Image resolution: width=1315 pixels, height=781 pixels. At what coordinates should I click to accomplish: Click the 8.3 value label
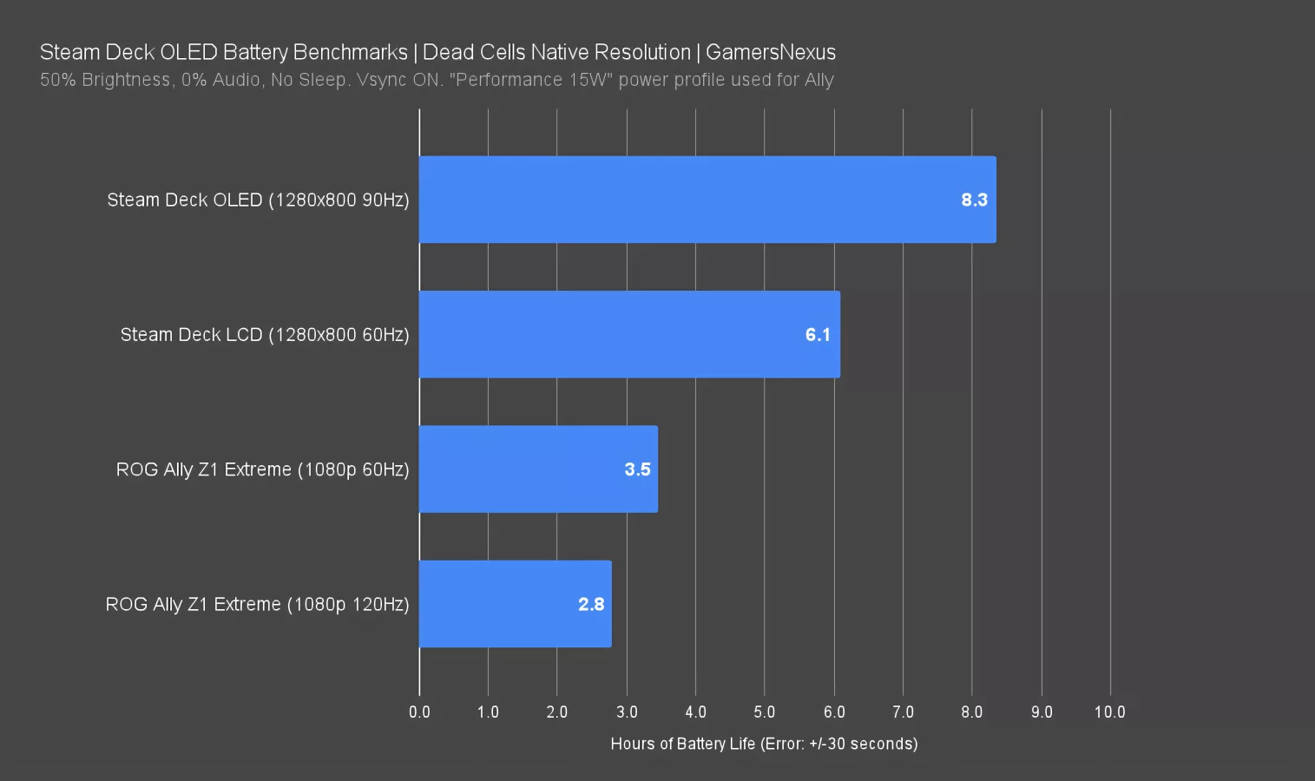pyautogui.click(x=974, y=200)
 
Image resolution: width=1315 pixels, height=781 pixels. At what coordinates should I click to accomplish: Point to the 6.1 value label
pyautogui.click(x=818, y=334)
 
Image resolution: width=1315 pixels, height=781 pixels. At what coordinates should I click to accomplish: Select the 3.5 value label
pyautogui.click(x=637, y=469)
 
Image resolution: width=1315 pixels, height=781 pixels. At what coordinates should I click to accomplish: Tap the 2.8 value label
pyautogui.click(x=591, y=604)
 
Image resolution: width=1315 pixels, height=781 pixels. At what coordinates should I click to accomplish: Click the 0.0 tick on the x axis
pyautogui.click(x=419, y=712)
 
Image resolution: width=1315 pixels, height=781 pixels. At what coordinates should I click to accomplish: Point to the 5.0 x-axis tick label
pyautogui.click(x=765, y=712)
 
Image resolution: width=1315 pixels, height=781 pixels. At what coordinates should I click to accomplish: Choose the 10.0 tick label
pyautogui.click(x=1109, y=712)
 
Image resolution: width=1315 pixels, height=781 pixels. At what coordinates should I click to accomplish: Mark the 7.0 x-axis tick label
pyautogui.click(x=903, y=712)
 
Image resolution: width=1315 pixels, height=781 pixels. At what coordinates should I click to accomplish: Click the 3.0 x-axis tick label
pyautogui.click(x=627, y=712)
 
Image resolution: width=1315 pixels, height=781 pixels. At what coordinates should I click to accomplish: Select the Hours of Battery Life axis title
pyautogui.click(x=764, y=744)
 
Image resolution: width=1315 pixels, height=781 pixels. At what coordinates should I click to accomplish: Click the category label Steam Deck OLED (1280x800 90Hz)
pyautogui.click(x=258, y=200)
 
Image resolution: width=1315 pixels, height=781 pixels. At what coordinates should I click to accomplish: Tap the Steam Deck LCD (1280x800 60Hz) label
pyautogui.click(x=265, y=334)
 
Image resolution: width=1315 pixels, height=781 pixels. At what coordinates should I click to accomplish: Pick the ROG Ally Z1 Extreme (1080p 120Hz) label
pyautogui.click(x=257, y=604)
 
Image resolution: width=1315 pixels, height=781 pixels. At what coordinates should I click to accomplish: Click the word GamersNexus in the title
pyautogui.click(x=771, y=52)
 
